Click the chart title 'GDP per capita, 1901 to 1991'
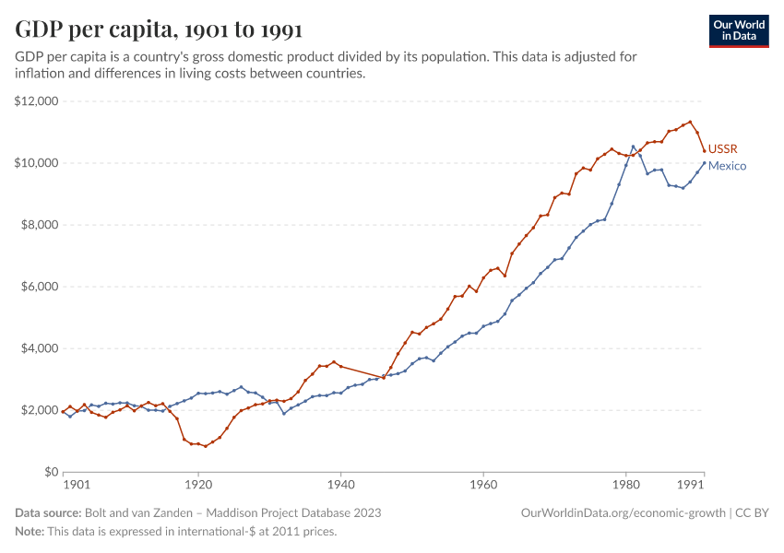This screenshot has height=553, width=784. point(159,30)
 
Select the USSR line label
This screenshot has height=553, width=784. point(722,148)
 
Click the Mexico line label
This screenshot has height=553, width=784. point(727,166)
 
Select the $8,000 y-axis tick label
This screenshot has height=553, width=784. point(40,225)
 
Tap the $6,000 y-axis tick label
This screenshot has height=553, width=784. point(40,287)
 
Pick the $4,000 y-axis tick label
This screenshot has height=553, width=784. point(40,348)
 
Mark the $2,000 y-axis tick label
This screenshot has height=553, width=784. point(40,410)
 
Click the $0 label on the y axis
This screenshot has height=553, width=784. point(50,472)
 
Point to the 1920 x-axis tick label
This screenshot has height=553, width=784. point(198,485)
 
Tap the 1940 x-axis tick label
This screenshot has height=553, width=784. point(340,485)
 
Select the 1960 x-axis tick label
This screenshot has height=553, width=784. point(483,485)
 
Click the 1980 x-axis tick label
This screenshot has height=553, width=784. point(625,485)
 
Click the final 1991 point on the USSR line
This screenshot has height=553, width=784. point(704,150)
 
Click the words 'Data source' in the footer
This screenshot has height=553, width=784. point(48,512)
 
